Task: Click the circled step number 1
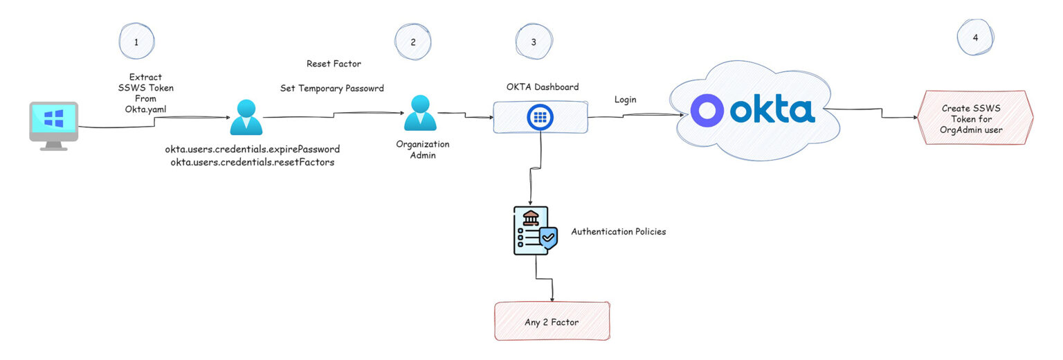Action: (136, 42)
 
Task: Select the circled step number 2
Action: (413, 42)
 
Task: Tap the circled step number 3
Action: (533, 42)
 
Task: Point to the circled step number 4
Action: (975, 37)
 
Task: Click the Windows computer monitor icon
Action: (53, 125)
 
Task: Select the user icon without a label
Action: (246, 118)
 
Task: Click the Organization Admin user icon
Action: (420, 114)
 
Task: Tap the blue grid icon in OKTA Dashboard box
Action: (540, 118)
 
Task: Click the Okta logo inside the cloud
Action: (753, 111)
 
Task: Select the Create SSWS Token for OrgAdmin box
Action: (974, 119)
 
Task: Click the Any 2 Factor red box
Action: (552, 321)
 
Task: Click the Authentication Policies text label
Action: (618, 232)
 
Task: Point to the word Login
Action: (625, 100)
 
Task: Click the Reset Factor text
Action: (334, 64)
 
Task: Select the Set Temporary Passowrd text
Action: (331, 89)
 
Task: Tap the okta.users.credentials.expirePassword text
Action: (252, 150)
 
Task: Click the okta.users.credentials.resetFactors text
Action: (252, 162)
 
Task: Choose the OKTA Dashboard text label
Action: (543, 87)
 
